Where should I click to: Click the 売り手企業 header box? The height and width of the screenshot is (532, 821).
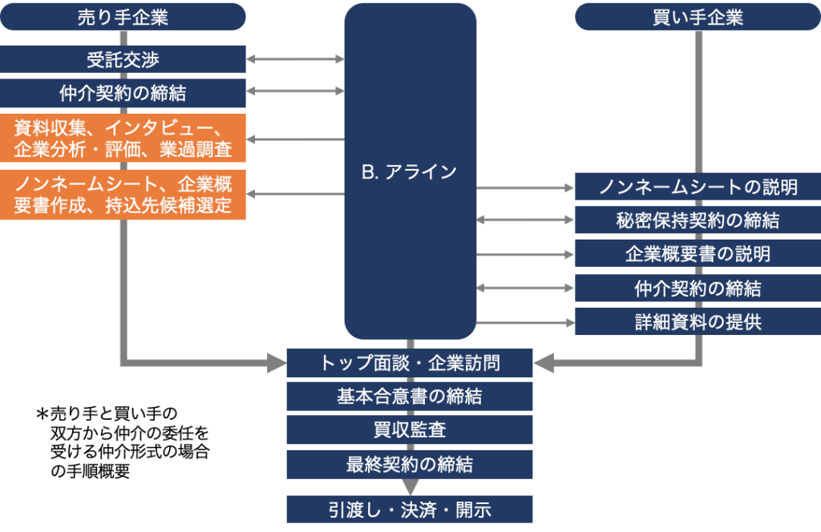coord(123,17)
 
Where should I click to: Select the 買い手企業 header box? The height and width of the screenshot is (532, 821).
coord(698,17)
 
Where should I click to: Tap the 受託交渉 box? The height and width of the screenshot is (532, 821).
coord(123,59)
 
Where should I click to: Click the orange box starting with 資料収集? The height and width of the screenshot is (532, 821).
coord(123,138)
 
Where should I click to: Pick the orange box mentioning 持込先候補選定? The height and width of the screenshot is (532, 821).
coord(123,195)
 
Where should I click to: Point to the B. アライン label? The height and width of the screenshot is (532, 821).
coord(410,171)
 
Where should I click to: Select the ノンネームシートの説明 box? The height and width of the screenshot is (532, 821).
coord(698,187)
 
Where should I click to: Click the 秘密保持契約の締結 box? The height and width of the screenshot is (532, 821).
coord(698,220)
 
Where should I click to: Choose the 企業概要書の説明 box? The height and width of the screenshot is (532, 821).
coord(698,254)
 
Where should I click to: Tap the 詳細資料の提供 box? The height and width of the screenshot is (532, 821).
coord(698,322)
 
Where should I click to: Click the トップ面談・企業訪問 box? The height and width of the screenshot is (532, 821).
coord(410,363)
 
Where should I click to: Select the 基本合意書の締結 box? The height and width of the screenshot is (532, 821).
coord(410,396)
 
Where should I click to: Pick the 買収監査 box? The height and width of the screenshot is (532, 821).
coord(410,429)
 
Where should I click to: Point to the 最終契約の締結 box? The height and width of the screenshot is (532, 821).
coord(410,464)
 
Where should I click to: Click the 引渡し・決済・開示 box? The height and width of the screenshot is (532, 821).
coord(410,510)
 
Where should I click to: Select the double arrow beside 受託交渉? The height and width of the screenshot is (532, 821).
coord(295,59)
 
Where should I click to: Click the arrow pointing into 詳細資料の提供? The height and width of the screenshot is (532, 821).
coord(526,323)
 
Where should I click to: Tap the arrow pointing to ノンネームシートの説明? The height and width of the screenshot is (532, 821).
coord(526,188)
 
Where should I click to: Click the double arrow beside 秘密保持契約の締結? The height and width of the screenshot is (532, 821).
coord(526,220)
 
